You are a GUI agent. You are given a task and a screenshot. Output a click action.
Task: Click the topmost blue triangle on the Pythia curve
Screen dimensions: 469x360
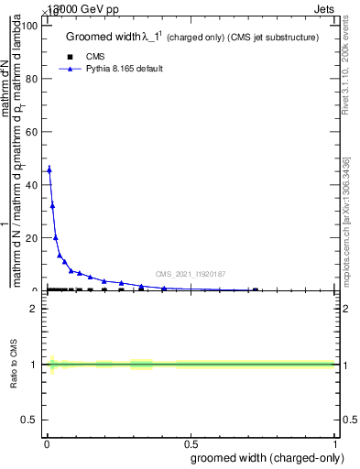pos(49,169)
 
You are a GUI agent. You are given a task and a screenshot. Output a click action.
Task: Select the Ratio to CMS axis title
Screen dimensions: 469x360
pos(15,364)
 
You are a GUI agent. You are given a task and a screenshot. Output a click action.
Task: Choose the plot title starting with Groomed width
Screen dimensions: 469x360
pos(191,38)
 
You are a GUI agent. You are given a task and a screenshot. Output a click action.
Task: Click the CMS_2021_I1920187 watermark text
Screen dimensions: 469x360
pos(191,274)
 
